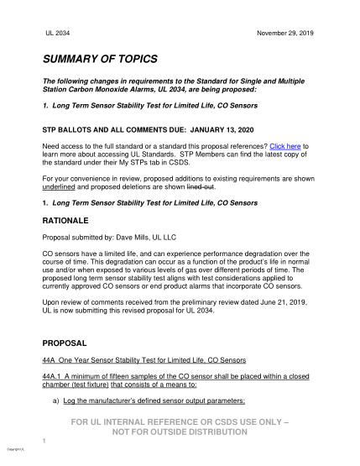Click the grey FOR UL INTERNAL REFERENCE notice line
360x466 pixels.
(180, 421)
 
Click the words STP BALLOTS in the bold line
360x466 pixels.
(72, 130)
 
